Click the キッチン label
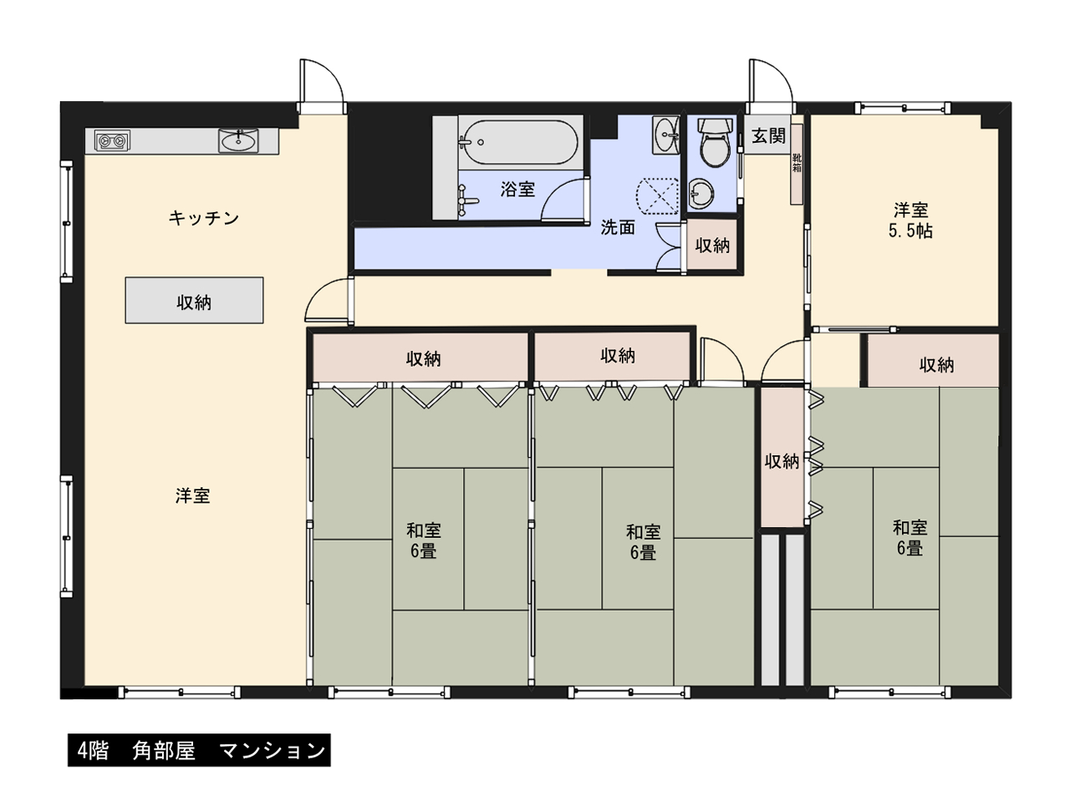(x=204, y=218)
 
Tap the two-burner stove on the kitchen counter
(x=112, y=141)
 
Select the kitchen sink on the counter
(x=238, y=140)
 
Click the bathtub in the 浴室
(x=521, y=142)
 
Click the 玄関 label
(x=769, y=136)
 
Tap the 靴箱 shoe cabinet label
(x=797, y=163)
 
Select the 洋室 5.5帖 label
(x=910, y=220)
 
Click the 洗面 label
(x=618, y=227)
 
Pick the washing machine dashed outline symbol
(x=658, y=195)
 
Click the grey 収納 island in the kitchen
(x=194, y=301)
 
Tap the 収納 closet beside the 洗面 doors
(x=711, y=245)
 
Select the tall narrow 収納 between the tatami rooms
(x=782, y=457)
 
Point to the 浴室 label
(x=517, y=189)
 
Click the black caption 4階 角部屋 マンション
(x=199, y=750)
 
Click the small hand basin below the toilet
(x=701, y=193)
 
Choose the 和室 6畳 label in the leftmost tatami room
(x=424, y=540)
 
